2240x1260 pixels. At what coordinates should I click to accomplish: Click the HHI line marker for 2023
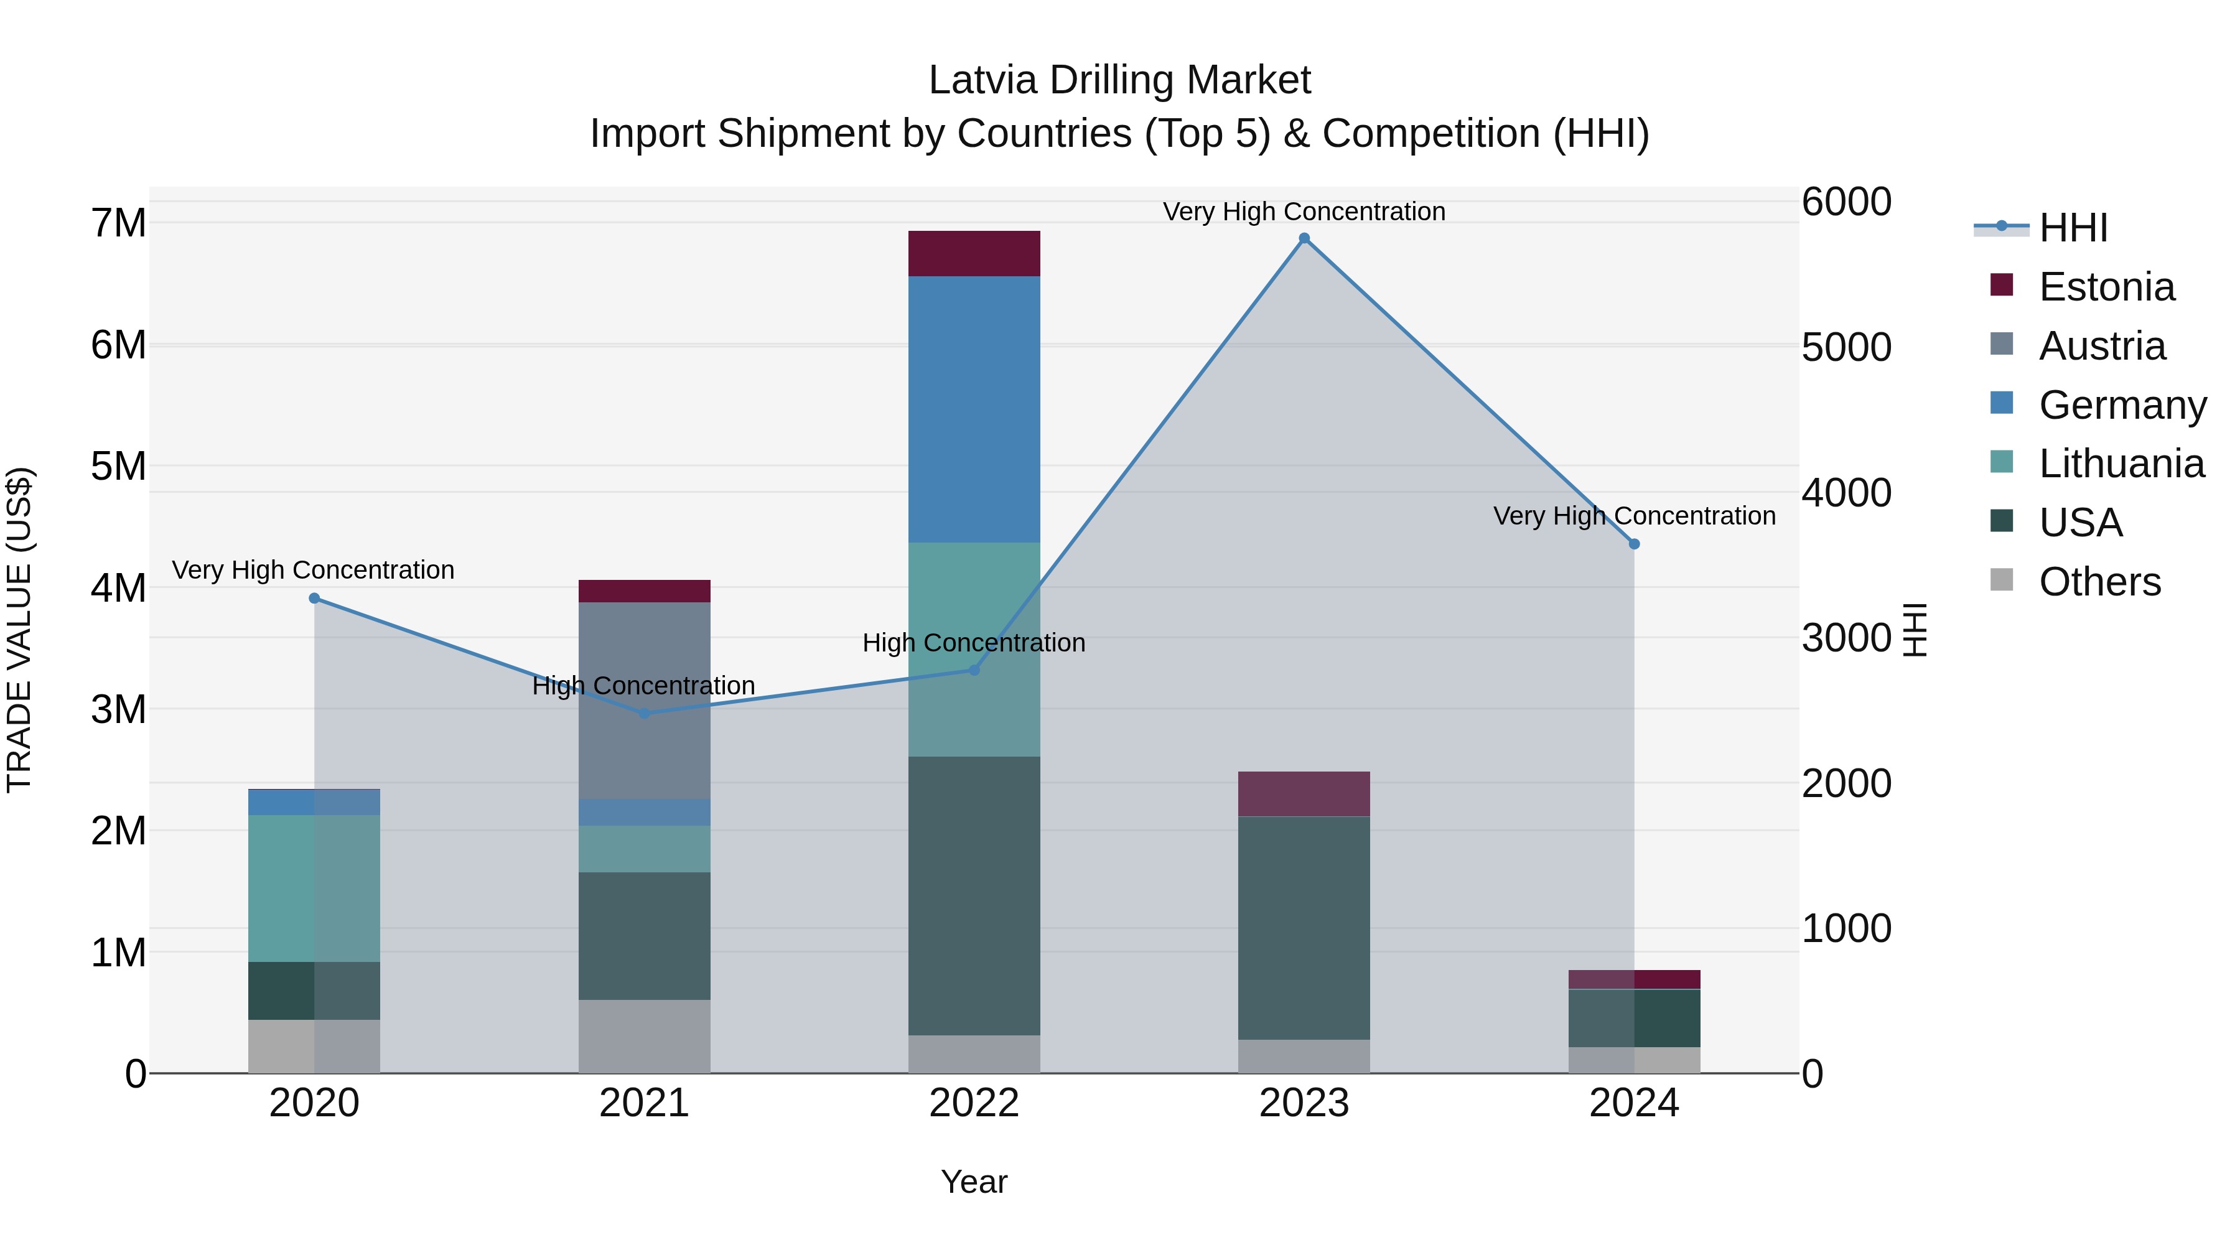click(1304, 238)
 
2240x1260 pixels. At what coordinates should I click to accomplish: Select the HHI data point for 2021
click(645, 713)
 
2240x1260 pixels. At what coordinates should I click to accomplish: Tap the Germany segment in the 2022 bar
click(974, 409)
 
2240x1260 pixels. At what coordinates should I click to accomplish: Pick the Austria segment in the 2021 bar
click(645, 700)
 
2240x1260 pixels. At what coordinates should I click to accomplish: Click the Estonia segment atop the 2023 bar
click(1304, 793)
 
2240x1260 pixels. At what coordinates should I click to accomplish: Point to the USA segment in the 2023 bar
click(1304, 928)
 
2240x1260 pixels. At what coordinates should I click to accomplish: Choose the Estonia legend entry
click(2105, 287)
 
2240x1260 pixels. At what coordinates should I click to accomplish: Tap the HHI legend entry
click(2072, 228)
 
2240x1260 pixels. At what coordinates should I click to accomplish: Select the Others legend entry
click(2098, 582)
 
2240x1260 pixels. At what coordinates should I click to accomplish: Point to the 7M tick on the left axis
click(118, 223)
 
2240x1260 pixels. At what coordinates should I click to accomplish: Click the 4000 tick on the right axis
click(1846, 493)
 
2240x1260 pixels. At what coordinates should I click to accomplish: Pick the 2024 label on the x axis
click(1634, 1103)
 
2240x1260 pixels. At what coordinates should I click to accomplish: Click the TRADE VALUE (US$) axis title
click(20, 630)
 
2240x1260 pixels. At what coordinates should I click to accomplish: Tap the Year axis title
click(974, 1182)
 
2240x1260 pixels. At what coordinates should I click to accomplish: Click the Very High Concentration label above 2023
click(1304, 212)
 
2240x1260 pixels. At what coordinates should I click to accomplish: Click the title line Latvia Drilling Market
click(1119, 80)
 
